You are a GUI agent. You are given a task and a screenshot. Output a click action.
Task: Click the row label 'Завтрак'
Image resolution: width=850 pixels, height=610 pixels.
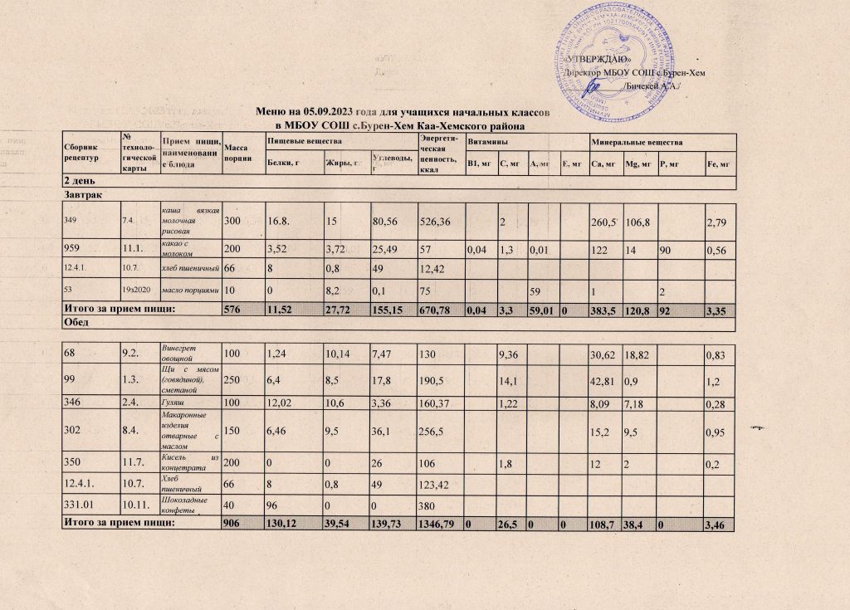tap(74, 193)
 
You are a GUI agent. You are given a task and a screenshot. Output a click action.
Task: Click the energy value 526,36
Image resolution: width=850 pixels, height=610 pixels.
tap(439, 221)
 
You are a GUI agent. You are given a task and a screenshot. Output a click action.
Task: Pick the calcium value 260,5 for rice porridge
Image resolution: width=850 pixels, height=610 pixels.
tap(603, 221)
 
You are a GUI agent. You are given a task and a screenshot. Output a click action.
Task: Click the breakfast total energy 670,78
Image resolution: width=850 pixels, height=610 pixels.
tap(439, 310)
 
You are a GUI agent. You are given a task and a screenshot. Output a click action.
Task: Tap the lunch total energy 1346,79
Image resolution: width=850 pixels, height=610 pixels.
tap(441, 523)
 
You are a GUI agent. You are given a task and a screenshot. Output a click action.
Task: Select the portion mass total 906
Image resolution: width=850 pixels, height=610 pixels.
tap(234, 523)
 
